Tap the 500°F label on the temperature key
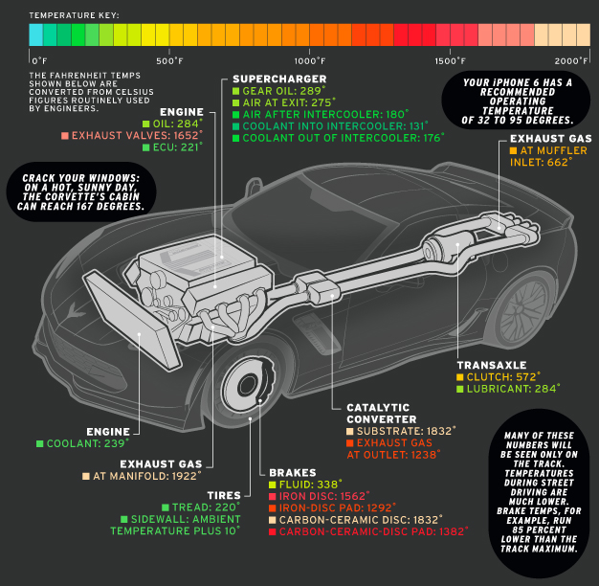pyautogui.click(x=169, y=61)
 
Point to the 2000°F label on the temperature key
pyautogui.click(x=570, y=61)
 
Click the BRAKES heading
pyautogui.click(x=286, y=473)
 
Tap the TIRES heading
pyautogui.click(x=223, y=496)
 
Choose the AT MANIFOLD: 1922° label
pyautogui.click(x=146, y=475)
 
